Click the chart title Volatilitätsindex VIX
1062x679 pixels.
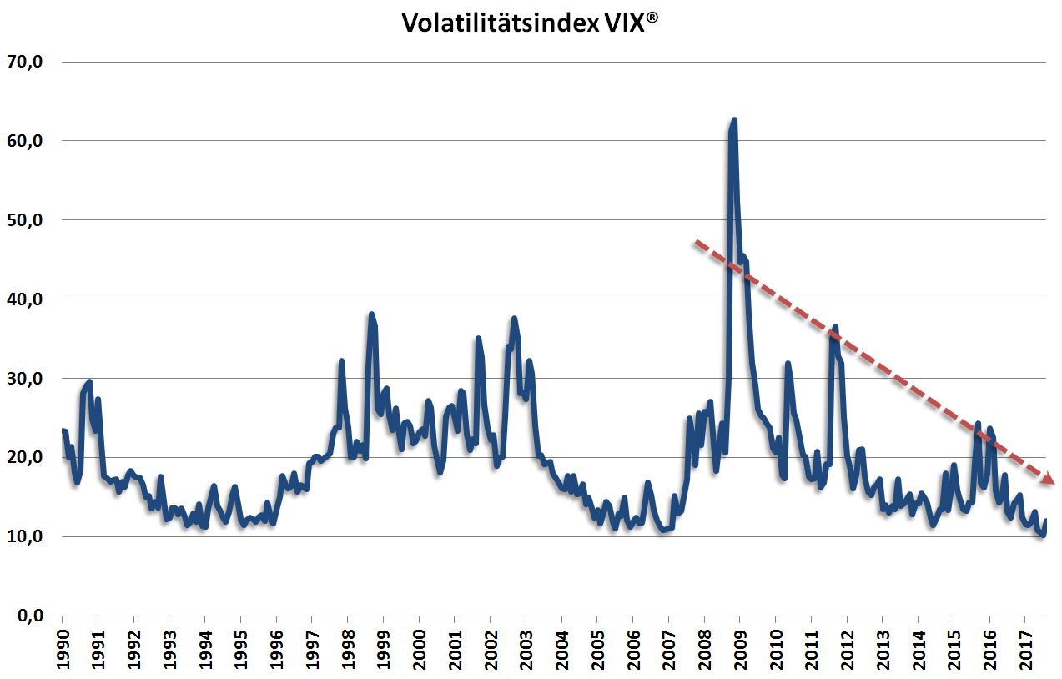(531, 23)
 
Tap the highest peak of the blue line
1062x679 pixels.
(734, 120)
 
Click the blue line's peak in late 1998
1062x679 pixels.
(371, 314)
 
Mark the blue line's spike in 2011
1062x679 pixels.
(834, 327)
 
